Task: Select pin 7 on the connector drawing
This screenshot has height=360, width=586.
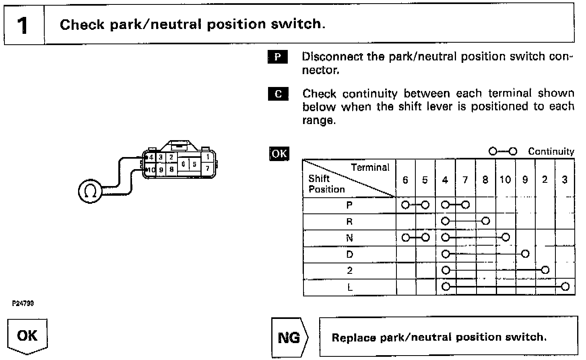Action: (207, 168)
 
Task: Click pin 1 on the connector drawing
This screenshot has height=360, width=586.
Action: (207, 157)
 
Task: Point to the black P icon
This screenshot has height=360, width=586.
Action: (278, 57)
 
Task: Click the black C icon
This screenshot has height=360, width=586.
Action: (278, 94)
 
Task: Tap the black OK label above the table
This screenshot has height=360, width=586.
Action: (279, 153)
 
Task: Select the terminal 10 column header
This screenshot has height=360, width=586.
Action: (505, 180)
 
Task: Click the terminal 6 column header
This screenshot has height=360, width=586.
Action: (405, 180)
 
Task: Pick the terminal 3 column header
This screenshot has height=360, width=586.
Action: (565, 180)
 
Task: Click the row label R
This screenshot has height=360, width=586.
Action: (349, 221)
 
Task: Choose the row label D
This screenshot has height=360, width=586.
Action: (349, 254)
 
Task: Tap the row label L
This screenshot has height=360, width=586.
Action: (349, 287)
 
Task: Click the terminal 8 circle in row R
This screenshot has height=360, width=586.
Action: (486, 221)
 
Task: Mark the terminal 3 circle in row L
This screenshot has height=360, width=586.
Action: (565, 287)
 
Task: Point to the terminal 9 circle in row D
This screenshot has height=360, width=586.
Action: (525, 254)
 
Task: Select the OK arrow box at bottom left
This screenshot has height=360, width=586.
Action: (27, 336)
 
